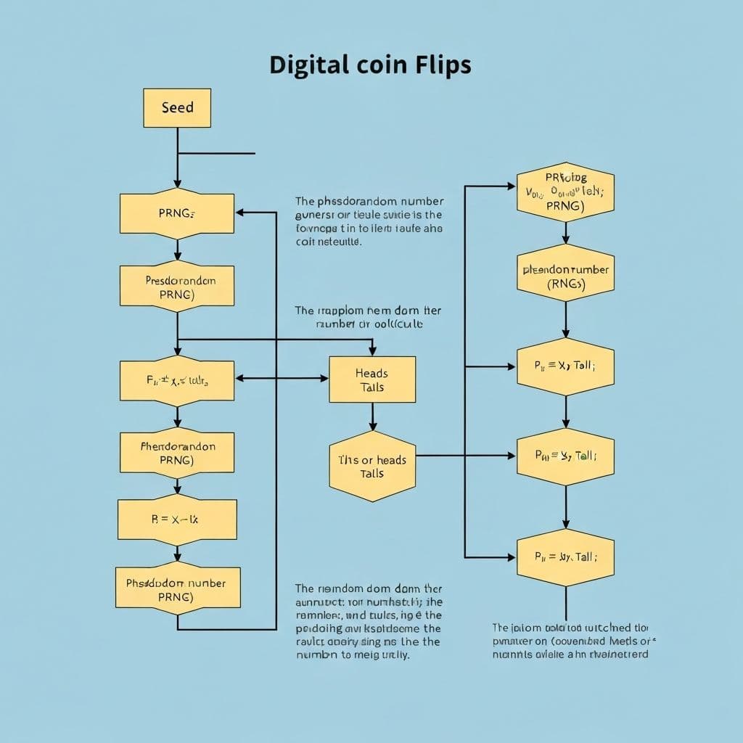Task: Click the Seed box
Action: coord(177,108)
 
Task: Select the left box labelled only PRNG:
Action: coord(177,213)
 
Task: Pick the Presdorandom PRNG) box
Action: coord(177,287)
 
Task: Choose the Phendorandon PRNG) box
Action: coord(177,453)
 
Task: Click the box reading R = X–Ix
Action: coord(177,520)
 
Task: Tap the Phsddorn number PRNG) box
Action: coord(177,590)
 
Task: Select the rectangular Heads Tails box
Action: coord(372,379)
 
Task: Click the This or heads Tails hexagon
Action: coord(372,467)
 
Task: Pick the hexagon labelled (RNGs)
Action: coord(565,277)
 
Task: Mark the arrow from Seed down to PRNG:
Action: coord(177,160)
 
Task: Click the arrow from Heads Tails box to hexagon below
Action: coord(372,417)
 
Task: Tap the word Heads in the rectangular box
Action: coord(371,373)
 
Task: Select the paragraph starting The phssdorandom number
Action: coord(369,221)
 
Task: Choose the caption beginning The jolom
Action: coord(570,641)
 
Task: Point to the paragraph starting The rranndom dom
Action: coord(368,621)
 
